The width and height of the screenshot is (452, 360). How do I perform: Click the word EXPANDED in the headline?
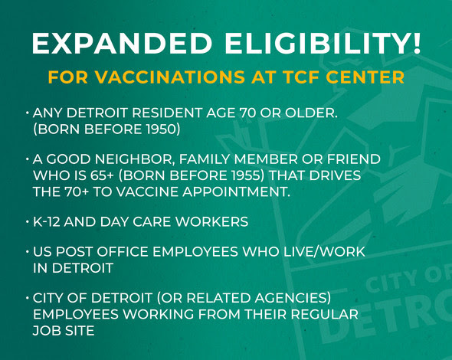(122, 43)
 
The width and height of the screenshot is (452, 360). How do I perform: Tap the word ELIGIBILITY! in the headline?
(323, 43)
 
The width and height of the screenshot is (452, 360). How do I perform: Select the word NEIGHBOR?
(135, 159)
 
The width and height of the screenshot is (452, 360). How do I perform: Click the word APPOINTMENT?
(236, 191)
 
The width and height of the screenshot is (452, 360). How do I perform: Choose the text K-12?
(47, 222)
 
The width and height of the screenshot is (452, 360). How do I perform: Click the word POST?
(74, 252)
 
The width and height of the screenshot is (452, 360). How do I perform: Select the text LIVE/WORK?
(324, 252)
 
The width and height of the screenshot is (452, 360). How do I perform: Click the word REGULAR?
(324, 314)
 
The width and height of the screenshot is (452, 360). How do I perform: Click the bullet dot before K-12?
(28, 222)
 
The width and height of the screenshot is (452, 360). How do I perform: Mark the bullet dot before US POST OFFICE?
(28, 252)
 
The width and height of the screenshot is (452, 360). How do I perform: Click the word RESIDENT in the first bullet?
(167, 113)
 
